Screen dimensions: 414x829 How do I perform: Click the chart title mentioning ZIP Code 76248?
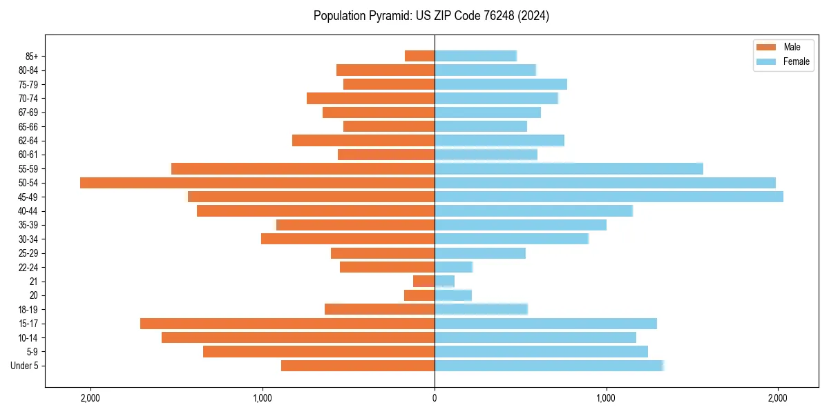click(x=431, y=16)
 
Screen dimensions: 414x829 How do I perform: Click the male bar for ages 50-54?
click(x=257, y=183)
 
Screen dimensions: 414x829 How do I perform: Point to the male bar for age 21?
click(x=423, y=282)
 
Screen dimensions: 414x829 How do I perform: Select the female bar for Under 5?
click(x=549, y=366)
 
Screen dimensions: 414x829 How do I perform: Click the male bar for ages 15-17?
click(x=287, y=324)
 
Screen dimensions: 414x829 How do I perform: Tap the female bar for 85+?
click(x=475, y=56)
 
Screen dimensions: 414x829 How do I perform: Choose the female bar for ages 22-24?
click(x=453, y=267)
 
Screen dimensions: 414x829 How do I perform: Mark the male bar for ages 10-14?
click(x=298, y=337)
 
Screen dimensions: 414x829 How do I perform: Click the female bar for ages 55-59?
click(x=569, y=168)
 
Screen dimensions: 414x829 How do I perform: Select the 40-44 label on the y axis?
click(x=28, y=211)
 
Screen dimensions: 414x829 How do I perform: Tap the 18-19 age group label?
click(x=28, y=310)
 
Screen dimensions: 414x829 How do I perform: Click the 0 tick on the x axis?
click(x=435, y=397)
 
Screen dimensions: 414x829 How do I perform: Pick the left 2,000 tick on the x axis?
click(x=90, y=397)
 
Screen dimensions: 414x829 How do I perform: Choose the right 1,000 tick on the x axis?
click(x=606, y=397)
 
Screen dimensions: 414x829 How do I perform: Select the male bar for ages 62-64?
click(x=363, y=141)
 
